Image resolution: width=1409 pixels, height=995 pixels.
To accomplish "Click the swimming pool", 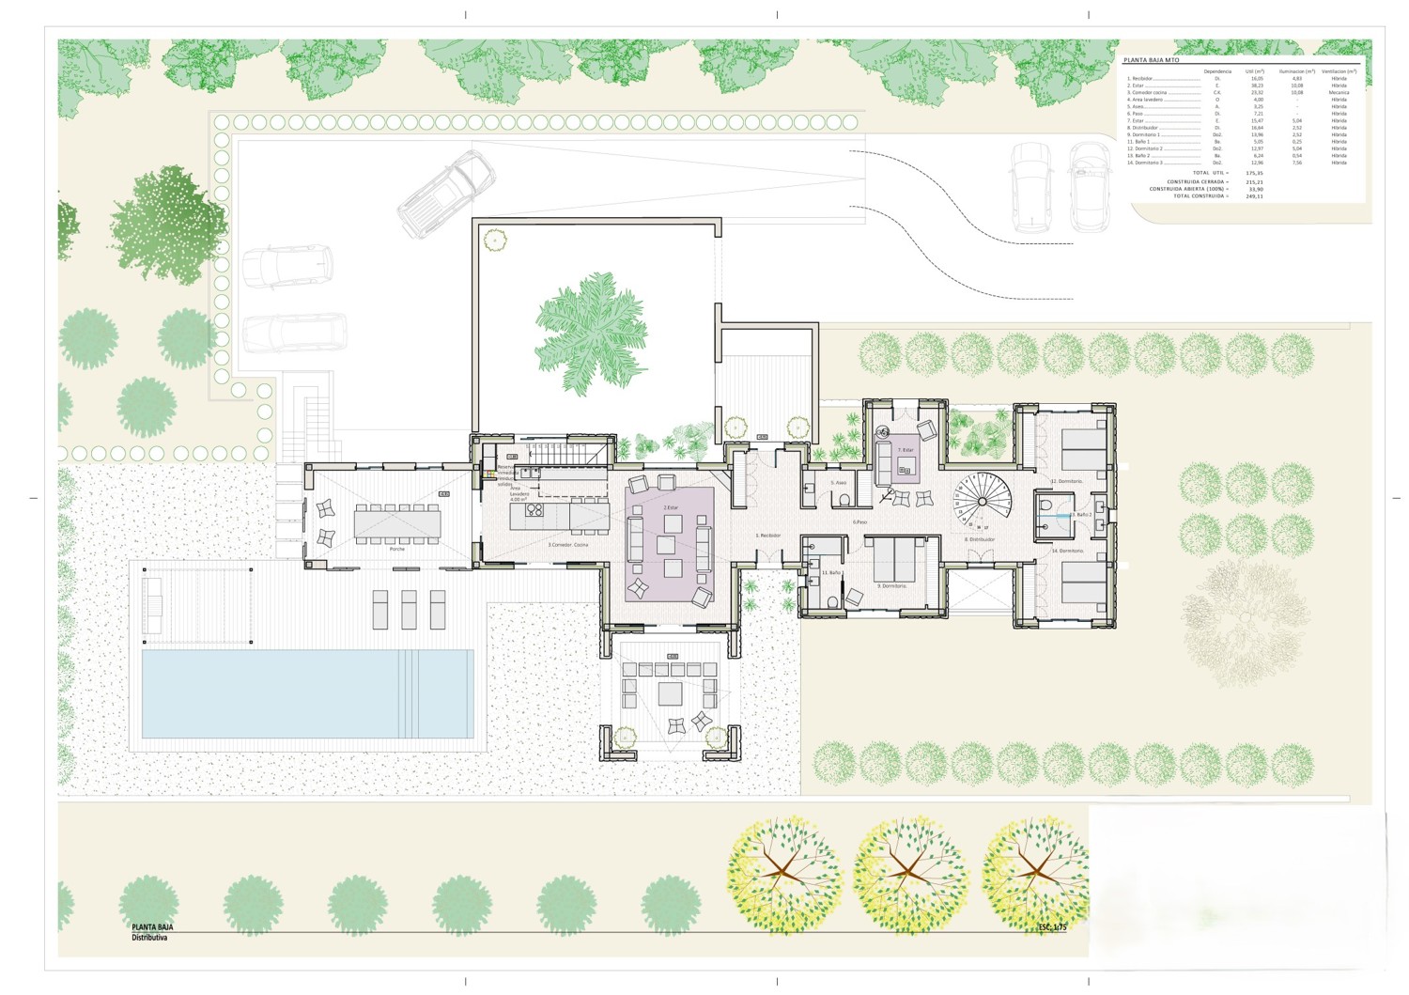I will pos(307,693).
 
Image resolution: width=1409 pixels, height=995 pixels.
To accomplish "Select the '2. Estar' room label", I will pos(671,507).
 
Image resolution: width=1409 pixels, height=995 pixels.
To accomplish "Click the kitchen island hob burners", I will pos(534,510).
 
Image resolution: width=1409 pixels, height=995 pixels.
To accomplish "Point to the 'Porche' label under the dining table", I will pos(397,549).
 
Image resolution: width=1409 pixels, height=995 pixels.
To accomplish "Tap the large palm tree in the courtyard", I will pos(591,329).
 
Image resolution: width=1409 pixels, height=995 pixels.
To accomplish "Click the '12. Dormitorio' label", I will pos(1066,481).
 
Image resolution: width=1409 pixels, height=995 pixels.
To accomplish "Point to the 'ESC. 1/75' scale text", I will pos(1052,927).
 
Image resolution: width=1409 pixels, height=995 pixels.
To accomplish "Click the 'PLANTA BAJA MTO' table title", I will pos(1151,60).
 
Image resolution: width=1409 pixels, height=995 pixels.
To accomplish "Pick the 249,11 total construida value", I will pos(1254,196).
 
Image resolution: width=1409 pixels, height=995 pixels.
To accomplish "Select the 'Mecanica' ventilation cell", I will pos(1339,93).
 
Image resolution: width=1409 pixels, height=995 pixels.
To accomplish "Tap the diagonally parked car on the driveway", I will pos(446,194).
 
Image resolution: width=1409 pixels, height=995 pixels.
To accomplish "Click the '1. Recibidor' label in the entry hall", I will pos(768,536).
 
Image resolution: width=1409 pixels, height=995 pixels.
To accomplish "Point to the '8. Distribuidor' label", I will pos(980,539).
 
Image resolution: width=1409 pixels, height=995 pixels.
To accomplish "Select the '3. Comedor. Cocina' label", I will pos(567,545).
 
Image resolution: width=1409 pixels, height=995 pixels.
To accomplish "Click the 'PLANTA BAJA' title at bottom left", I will pos(152,927).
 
